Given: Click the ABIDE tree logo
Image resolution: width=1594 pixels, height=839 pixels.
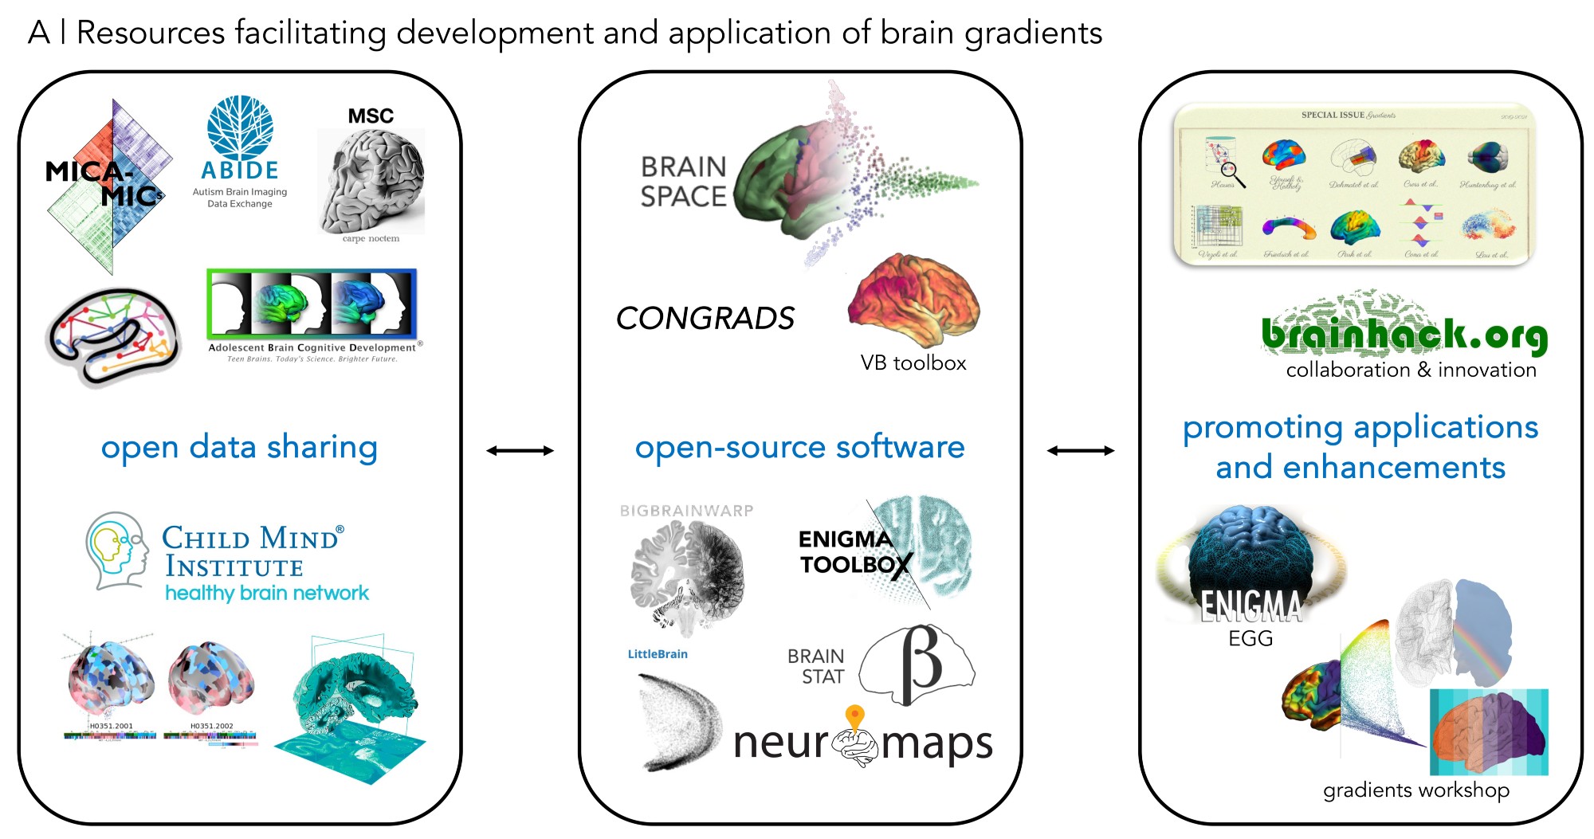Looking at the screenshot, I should pyautogui.click(x=240, y=127).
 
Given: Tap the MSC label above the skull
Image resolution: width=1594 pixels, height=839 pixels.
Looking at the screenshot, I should pyautogui.click(x=371, y=116).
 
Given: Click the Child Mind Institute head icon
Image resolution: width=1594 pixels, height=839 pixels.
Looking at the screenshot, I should pyautogui.click(x=118, y=551).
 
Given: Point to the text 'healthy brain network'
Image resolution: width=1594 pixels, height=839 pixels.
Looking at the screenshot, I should pyautogui.click(x=267, y=593).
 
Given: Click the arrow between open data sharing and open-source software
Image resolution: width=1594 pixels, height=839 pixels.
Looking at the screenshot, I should pyautogui.click(x=520, y=451).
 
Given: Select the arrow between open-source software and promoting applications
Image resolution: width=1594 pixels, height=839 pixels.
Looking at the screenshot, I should pyautogui.click(x=1080, y=451).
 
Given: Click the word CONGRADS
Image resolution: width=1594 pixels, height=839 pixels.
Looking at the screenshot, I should pyautogui.click(x=705, y=319).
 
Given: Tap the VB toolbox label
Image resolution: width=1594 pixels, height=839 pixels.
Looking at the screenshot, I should pyautogui.click(x=913, y=363).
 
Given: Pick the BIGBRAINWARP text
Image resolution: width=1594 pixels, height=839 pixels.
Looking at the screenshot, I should pyautogui.click(x=686, y=511).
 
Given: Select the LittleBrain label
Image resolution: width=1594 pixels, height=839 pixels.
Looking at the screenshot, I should pyautogui.click(x=658, y=654).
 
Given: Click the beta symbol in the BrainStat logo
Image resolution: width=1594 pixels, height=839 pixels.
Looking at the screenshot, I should pyautogui.click(x=921, y=663).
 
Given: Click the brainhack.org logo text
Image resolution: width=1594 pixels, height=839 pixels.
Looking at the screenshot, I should pyautogui.click(x=1404, y=335).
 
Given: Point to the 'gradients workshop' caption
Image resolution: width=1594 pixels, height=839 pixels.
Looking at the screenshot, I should pyautogui.click(x=1416, y=790).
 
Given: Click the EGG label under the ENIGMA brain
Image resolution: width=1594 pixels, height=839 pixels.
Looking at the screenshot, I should pyautogui.click(x=1250, y=638).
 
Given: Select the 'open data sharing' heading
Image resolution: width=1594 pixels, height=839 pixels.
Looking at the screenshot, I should pyautogui.click(x=239, y=447).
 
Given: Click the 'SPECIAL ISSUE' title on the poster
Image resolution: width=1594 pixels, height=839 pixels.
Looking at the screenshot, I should pyautogui.click(x=1333, y=115).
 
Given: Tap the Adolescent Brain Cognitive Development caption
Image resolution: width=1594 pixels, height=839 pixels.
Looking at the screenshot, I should pyautogui.click(x=312, y=347).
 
